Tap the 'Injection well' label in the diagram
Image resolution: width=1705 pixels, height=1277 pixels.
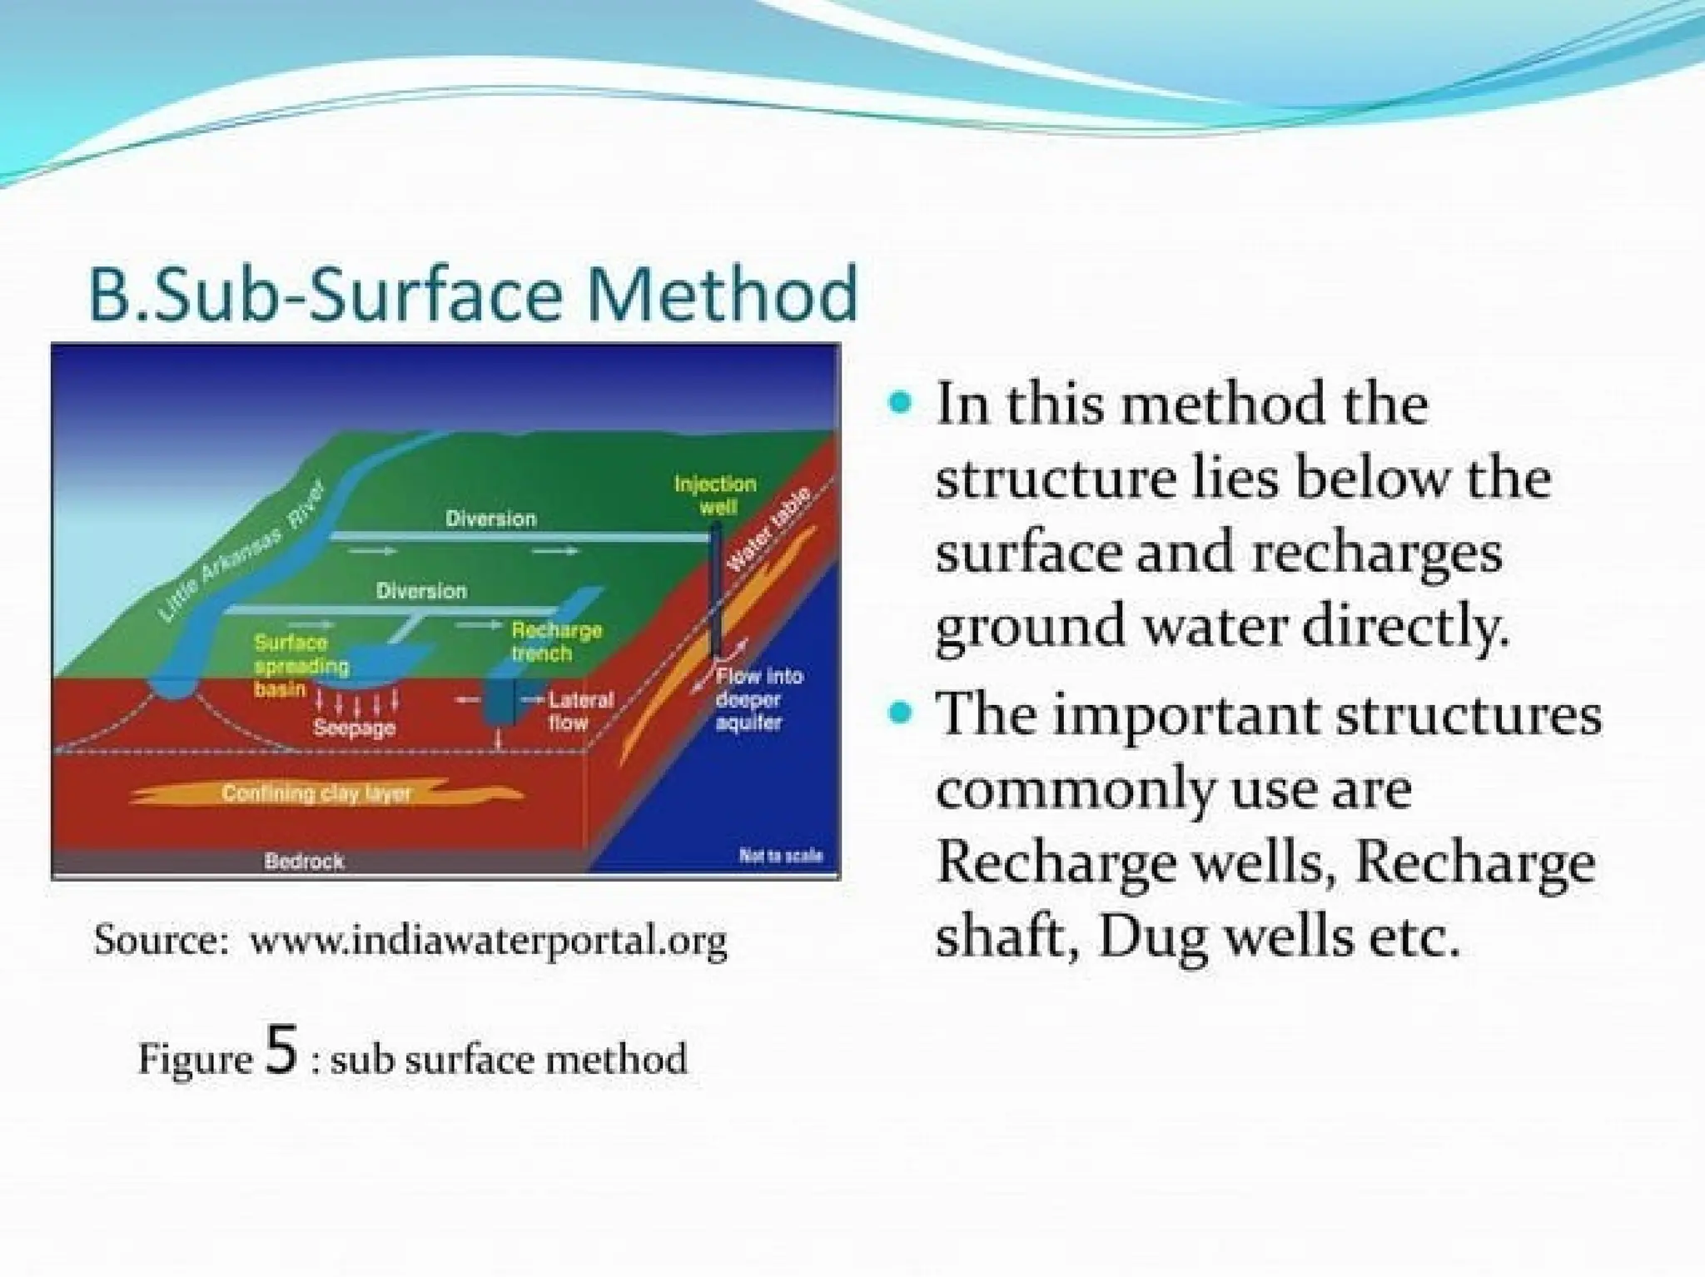pos(715,494)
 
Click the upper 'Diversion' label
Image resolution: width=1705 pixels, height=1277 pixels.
pos(490,519)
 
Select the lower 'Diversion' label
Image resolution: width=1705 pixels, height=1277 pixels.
pos(421,591)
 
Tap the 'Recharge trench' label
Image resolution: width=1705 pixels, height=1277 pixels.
pos(555,641)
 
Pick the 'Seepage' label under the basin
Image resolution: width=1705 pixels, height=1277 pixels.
pos(354,728)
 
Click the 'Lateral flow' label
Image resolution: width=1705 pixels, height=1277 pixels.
pos(580,711)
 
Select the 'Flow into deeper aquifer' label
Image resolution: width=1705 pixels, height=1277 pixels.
pos(758,699)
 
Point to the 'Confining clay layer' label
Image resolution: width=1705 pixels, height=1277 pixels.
pos(316,793)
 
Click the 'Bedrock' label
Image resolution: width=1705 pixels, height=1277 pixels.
pos(304,861)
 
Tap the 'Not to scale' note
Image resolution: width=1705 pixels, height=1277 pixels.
pos(780,855)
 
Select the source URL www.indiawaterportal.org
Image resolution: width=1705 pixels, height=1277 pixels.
pos(489,942)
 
